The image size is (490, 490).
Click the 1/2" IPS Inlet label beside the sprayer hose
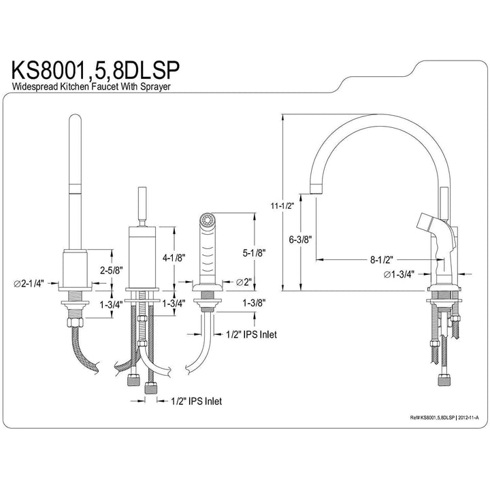click(x=252, y=334)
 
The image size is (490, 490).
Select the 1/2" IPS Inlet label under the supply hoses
click(x=196, y=402)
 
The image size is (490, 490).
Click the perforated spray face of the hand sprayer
click(x=205, y=220)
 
